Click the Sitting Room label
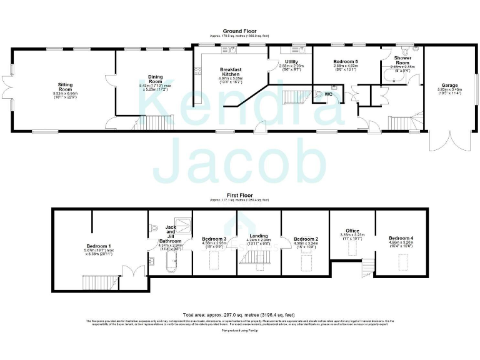click(65, 86)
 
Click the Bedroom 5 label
click(345, 61)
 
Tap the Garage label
click(449, 85)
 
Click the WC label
click(328, 94)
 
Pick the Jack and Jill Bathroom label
click(170, 234)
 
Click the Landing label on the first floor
click(258, 235)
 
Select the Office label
click(351, 231)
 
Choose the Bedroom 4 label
click(401, 238)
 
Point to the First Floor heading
click(240, 196)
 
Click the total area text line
click(239, 315)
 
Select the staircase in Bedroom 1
click(99, 282)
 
